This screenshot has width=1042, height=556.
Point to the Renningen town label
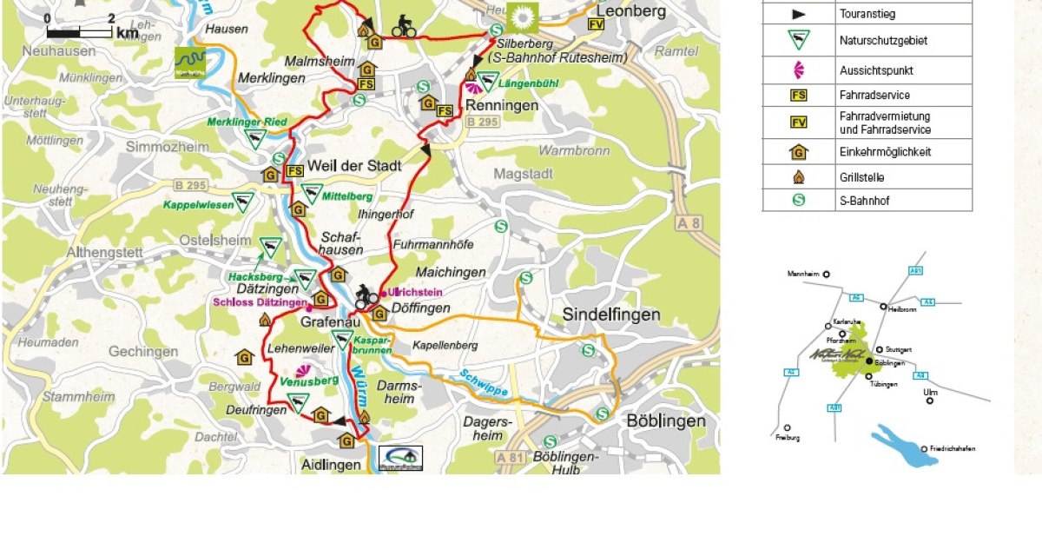502,105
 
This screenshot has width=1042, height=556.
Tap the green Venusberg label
309,381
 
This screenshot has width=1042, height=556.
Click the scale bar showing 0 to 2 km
80,32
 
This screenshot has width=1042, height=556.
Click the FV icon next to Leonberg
596,24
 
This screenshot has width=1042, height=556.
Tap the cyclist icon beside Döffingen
366,298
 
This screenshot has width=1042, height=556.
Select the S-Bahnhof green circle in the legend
798,200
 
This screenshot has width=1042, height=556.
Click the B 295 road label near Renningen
483,122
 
